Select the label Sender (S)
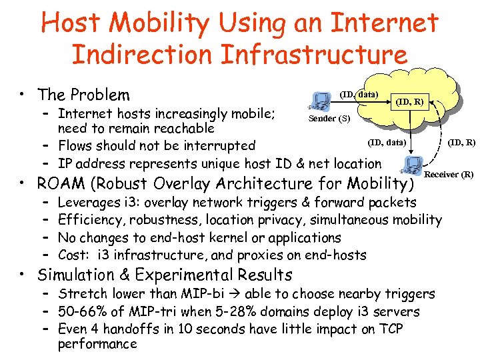coord(328,119)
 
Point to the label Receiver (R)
coord(449,175)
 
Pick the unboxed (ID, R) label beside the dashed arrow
coord(461,141)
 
